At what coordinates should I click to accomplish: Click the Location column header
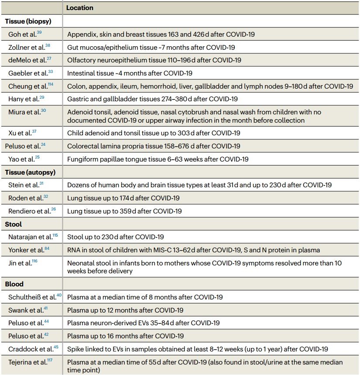80,8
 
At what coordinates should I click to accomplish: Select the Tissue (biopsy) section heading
27,21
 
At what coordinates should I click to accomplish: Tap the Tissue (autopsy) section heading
30,172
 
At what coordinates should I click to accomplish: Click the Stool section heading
13,224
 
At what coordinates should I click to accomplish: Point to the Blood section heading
14,284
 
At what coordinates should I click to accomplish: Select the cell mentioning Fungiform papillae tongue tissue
158,159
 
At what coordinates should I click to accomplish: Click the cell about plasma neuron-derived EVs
143,323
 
